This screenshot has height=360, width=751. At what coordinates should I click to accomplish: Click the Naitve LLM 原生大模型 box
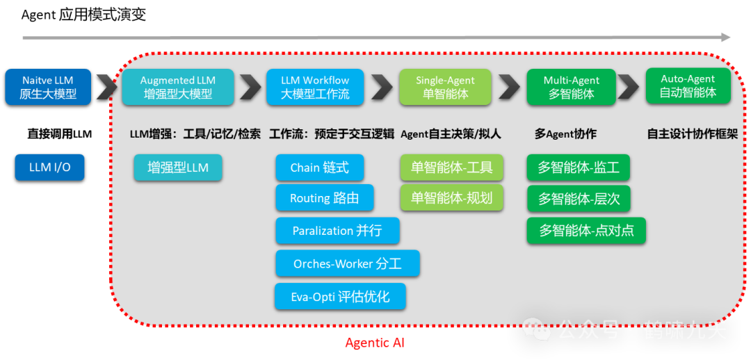(x=47, y=87)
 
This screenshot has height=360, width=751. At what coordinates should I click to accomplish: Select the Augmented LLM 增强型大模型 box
(x=178, y=87)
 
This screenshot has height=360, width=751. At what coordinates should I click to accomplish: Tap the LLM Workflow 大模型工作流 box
(x=315, y=87)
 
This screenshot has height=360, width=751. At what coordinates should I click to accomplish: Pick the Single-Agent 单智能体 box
(x=446, y=87)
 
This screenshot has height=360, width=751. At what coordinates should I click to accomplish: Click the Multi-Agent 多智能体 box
(x=571, y=87)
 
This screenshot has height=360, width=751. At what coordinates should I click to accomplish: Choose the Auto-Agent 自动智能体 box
(x=688, y=85)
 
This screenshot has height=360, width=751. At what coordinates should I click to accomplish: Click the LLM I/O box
(x=49, y=167)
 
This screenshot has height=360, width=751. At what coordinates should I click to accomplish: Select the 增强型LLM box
(x=178, y=167)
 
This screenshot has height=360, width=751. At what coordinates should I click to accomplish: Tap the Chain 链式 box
(x=319, y=167)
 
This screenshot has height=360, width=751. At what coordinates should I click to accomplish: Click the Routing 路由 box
(x=324, y=198)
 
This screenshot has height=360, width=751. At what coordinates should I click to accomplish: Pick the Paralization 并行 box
(x=337, y=231)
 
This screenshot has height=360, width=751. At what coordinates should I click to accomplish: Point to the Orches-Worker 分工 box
(x=347, y=263)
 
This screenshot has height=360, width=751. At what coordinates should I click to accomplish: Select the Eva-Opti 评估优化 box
(x=340, y=297)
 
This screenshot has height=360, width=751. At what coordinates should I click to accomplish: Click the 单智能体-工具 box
(x=451, y=167)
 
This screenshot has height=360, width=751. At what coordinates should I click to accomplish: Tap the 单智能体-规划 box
(x=451, y=198)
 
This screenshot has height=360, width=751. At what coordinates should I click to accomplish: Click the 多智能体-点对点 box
(x=586, y=231)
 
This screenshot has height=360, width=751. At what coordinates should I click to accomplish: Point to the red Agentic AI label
(x=375, y=343)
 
